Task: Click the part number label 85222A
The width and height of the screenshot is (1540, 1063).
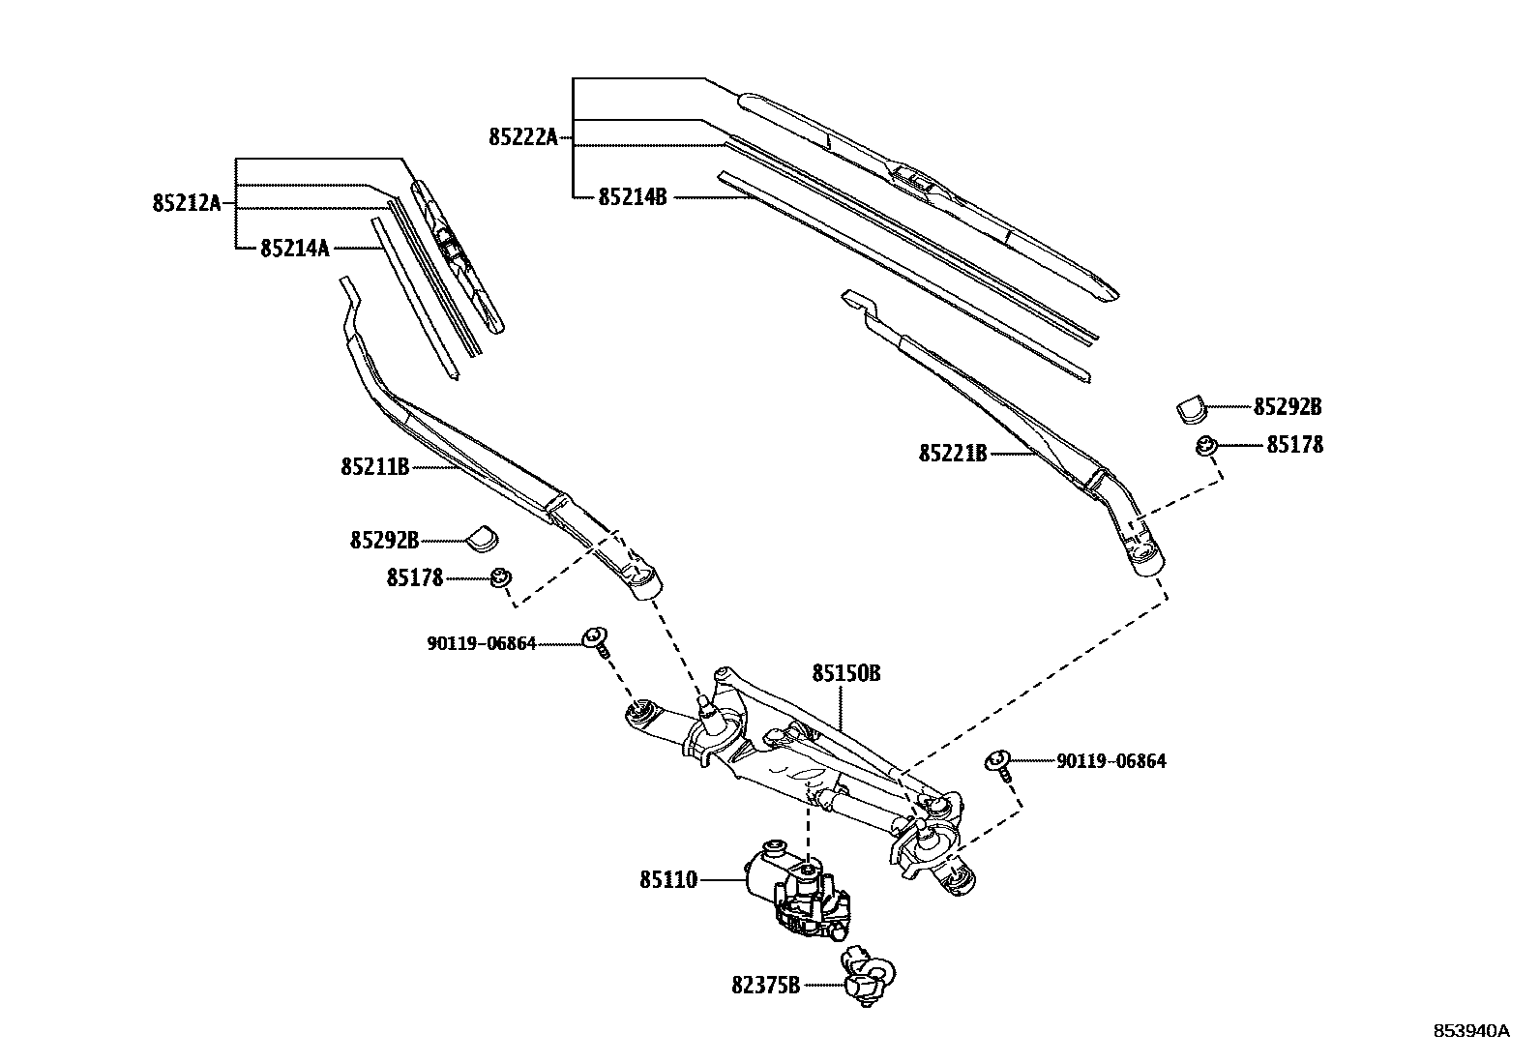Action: (523, 137)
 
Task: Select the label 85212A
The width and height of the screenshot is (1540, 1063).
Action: (187, 203)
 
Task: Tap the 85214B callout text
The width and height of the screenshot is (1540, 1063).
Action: (633, 197)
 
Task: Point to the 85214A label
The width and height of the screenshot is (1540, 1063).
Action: (295, 249)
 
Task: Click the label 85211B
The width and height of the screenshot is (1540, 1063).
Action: (375, 467)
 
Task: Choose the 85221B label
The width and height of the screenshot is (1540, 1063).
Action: (953, 453)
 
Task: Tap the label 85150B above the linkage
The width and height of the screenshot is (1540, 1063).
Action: (845, 673)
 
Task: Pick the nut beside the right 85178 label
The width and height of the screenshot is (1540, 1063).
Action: (1205, 447)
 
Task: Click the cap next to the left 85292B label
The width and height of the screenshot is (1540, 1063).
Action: (482, 537)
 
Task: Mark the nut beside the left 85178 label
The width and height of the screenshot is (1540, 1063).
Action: (500, 577)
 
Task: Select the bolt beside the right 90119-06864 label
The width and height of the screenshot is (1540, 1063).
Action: (999, 764)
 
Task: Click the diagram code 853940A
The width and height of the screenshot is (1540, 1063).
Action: (1470, 1031)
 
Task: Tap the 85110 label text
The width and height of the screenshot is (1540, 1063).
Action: (667, 881)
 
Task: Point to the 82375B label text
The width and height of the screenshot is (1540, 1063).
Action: (766, 986)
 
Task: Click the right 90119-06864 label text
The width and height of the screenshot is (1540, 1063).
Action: (1111, 761)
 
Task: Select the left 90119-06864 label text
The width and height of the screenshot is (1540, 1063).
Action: (482, 643)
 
